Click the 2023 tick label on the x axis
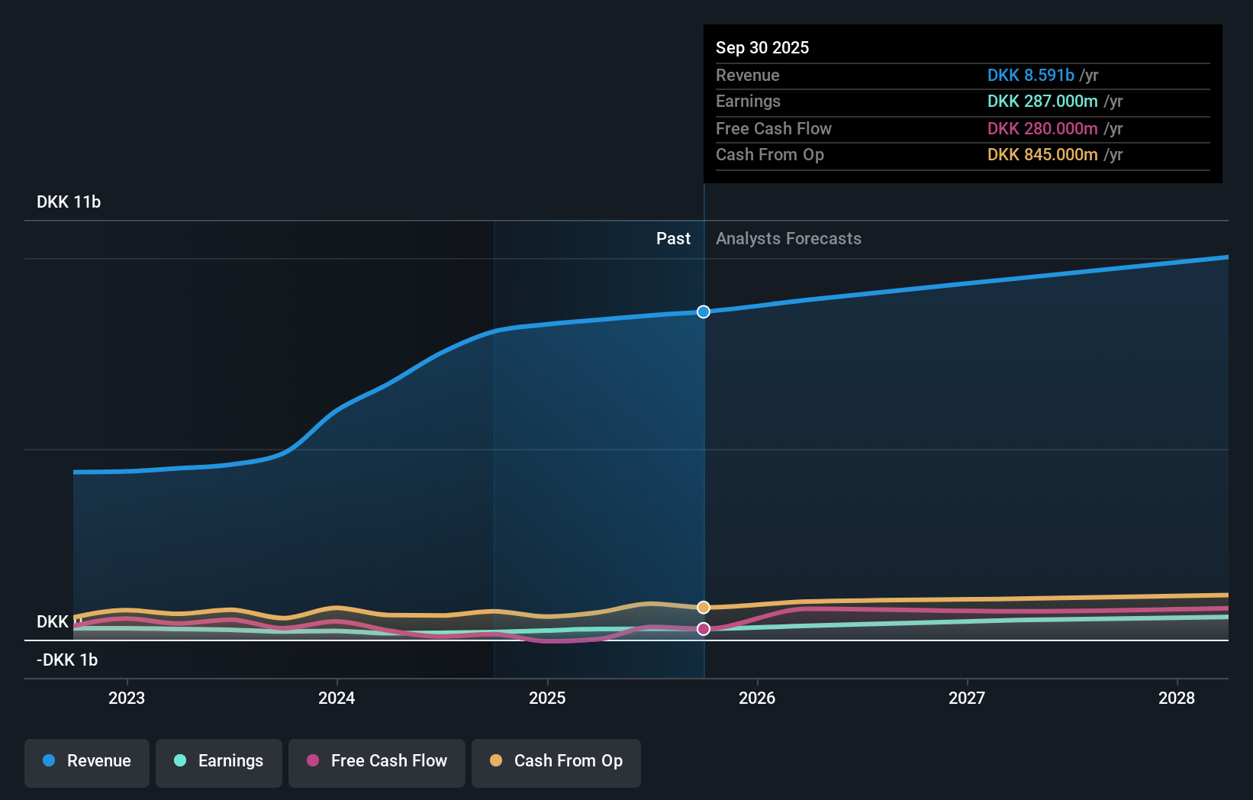tap(127, 698)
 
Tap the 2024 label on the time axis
tap(337, 698)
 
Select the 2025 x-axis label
tap(547, 698)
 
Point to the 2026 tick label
tap(757, 698)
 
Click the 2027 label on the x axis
tap(967, 698)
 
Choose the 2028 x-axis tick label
tap(1177, 698)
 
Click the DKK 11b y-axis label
tap(69, 202)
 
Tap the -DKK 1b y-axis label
tap(67, 660)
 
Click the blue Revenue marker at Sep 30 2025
tap(704, 311)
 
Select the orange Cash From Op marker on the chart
tap(704, 608)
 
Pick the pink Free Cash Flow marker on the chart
tap(704, 629)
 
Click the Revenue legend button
tap(87, 761)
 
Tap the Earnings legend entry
tap(219, 761)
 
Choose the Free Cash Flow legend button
tap(377, 761)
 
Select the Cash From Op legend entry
tap(556, 761)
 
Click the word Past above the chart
tap(673, 238)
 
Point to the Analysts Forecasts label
tap(788, 238)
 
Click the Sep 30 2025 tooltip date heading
tap(762, 47)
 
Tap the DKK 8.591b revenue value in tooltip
tap(1030, 75)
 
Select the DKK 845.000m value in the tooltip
tap(1042, 154)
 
